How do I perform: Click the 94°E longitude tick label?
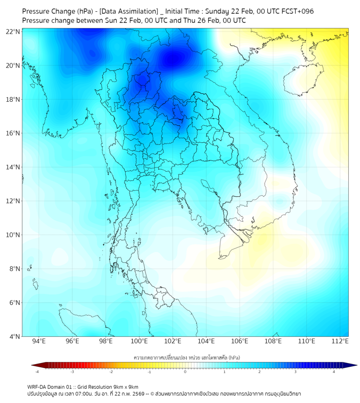coord(39,341)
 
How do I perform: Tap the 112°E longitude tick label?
coord(340,341)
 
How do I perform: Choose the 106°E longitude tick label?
coord(240,341)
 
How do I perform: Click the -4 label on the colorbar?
coord(36,372)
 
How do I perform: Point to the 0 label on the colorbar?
coord(185,372)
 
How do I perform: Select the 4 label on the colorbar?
coord(334,372)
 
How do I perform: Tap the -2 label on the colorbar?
coord(111,372)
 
